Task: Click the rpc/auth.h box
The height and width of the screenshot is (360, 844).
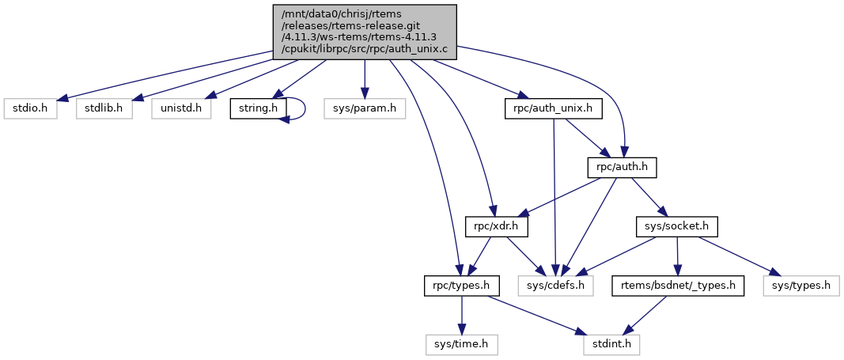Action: coord(623,168)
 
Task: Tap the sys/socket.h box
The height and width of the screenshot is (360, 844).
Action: coord(677,227)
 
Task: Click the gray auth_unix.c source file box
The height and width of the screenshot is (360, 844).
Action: coord(363,31)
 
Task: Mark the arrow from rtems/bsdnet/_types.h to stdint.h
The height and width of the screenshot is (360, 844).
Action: coord(644,316)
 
